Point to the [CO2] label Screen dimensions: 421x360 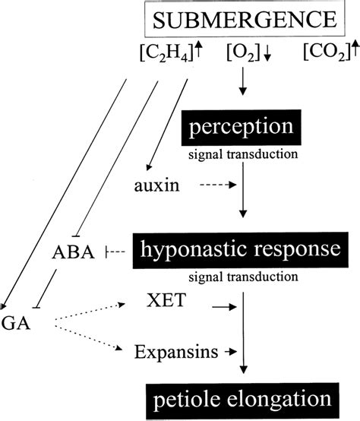[322, 54]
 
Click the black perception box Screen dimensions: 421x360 [242, 125]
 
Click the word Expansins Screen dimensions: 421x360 [172, 351]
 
